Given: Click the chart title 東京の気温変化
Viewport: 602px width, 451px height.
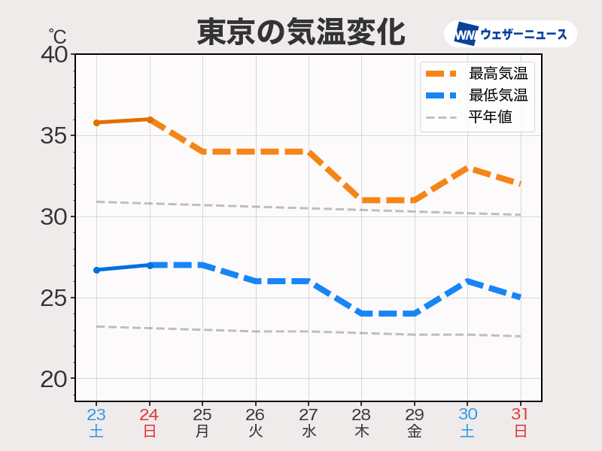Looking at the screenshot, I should coord(301,32).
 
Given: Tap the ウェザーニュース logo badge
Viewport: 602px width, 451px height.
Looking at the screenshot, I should coord(510,34).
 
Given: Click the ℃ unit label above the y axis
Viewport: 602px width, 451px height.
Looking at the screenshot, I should coord(57,36).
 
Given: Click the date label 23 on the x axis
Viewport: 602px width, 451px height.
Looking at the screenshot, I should coord(96,415).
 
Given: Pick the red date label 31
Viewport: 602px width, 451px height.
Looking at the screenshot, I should coord(520,415).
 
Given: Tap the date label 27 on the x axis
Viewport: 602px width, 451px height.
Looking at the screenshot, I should coord(309,415).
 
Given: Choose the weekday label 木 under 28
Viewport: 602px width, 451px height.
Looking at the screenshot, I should coord(361,431).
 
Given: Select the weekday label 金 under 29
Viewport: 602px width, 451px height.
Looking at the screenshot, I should coord(415,431).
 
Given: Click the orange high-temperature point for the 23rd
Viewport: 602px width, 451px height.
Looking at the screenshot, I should coord(96,123).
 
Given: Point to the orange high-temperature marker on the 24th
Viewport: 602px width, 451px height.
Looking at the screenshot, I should coord(150,120).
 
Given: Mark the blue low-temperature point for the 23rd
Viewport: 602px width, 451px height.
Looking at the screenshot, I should coord(96,270).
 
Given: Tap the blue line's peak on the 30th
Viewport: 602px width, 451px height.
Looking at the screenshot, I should coord(467,281).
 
